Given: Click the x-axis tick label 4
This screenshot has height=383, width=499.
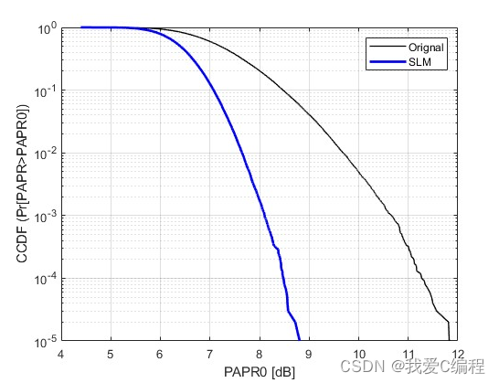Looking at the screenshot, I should click(x=61, y=356).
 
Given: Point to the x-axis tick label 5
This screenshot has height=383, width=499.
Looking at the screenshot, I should click(x=111, y=356).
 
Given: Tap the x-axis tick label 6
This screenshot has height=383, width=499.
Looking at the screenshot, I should click(x=160, y=356).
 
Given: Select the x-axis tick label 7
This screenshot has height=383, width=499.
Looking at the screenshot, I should click(x=209, y=356).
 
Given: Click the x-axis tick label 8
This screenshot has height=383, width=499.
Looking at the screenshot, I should click(x=259, y=356).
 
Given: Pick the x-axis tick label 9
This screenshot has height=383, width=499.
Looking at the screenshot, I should click(x=308, y=356).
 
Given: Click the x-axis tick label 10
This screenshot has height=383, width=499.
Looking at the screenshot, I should click(x=357, y=356).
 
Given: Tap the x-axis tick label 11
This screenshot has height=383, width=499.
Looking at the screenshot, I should click(x=407, y=356).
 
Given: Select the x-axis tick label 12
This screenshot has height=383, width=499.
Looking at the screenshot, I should click(x=456, y=356).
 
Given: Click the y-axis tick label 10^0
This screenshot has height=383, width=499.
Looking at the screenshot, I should click(x=48, y=28).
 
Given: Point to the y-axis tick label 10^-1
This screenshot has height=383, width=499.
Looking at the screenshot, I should click(x=46, y=91).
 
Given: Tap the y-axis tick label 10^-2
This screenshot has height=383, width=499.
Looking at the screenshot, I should click(x=46, y=154).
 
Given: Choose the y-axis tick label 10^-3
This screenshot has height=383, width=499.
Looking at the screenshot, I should click(x=46, y=216).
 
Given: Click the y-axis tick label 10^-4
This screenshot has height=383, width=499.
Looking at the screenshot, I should click(x=46, y=279).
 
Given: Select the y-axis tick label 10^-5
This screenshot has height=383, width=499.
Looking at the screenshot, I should click(x=46, y=341).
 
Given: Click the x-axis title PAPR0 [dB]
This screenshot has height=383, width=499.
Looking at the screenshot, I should click(x=259, y=372).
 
